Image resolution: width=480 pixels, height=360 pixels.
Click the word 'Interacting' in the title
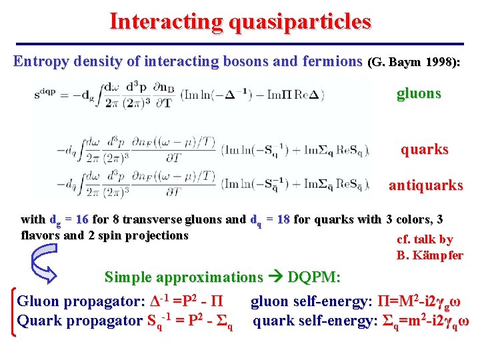(x=157, y=21)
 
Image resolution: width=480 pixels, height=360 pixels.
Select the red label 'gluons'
(x=419, y=93)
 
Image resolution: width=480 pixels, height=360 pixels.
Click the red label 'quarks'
(x=424, y=149)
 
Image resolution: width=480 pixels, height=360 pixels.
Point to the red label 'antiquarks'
(x=425, y=185)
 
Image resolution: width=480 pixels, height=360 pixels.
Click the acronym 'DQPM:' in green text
(x=314, y=277)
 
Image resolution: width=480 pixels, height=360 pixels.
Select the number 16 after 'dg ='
(x=82, y=219)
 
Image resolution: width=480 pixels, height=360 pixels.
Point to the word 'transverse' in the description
(x=159, y=219)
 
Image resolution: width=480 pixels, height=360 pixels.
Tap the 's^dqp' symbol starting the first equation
(x=45, y=94)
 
